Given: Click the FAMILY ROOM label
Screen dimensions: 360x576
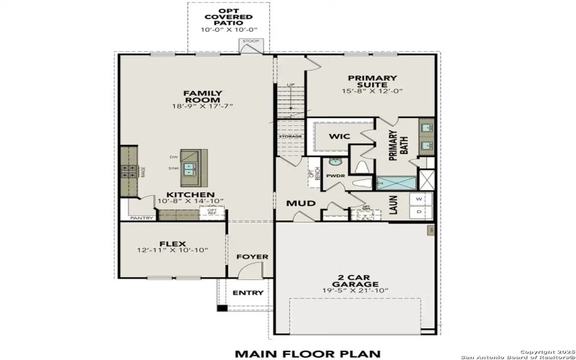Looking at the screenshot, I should tap(202, 94).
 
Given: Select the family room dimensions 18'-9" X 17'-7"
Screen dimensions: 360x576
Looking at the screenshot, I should tap(202, 106).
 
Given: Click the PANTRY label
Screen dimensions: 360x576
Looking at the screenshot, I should tap(140, 217).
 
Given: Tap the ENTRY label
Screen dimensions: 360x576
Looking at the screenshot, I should tap(248, 292).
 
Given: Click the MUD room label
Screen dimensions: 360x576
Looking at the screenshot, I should tap(301, 204).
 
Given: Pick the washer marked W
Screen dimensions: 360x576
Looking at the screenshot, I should tap(420, 198).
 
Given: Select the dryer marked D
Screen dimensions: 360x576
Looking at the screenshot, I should tap(420, 212).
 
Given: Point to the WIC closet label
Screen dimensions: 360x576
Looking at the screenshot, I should tap(339, 136).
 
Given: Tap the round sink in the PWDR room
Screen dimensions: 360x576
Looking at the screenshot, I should tap(335, 162).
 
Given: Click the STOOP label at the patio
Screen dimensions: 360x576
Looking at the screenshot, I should tap(251, 42).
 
